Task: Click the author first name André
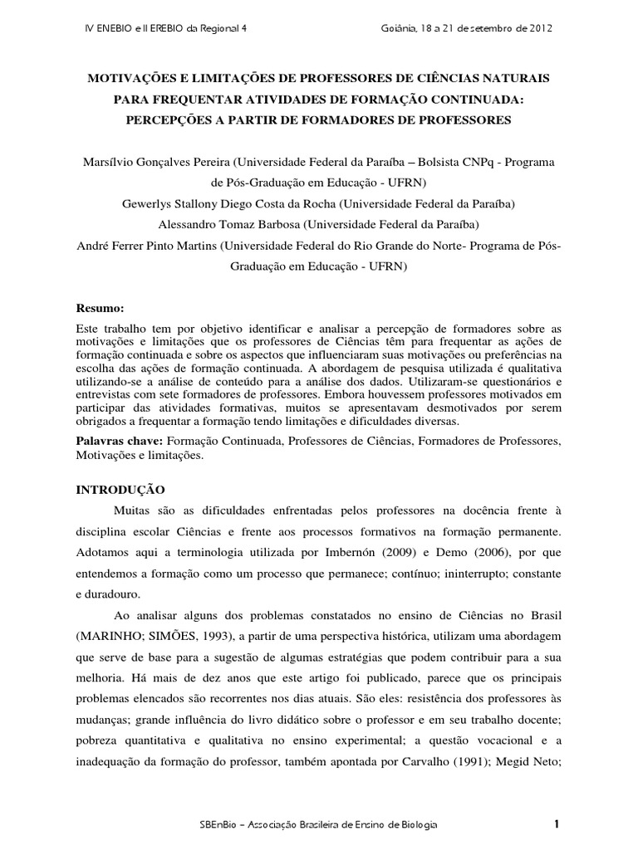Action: [x=91, y=245]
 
